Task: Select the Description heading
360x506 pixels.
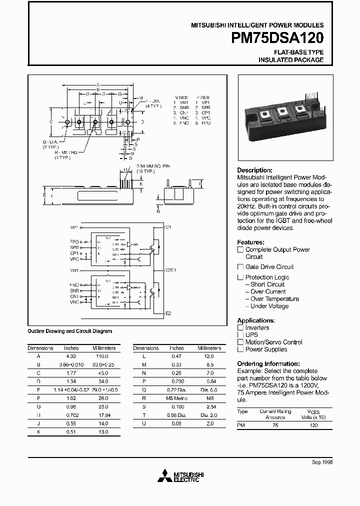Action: [254, 170]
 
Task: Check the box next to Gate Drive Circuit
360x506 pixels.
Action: [240, 267]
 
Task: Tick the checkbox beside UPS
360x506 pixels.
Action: [240, 335]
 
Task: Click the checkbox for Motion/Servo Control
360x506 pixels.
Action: [240, 342]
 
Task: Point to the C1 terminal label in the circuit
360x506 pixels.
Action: [168, 227]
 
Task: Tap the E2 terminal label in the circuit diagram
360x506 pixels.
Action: [168, 313]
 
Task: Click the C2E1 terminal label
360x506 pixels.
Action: [170, 269]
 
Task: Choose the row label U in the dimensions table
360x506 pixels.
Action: [144, 423]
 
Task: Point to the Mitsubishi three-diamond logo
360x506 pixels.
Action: [164, 475]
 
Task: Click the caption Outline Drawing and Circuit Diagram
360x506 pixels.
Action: [69, 331]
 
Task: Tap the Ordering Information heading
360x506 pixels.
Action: [268, 364]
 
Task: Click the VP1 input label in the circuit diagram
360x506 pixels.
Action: [74, 227]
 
